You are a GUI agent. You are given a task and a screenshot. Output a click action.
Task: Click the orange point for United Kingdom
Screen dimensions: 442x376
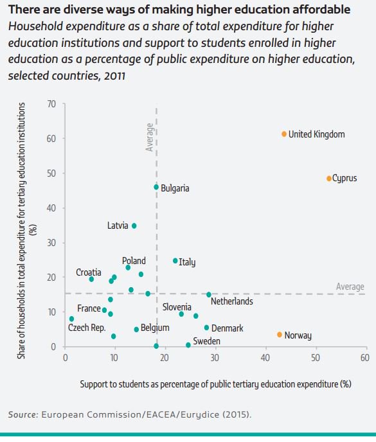[x=283, y=134]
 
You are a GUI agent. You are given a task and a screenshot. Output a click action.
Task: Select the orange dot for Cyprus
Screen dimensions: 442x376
[x=328, y=179]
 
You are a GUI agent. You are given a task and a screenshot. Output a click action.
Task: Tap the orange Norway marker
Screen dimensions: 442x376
[x=279, y=335]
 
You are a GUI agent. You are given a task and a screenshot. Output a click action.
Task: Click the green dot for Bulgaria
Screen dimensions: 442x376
[x=156, y=187]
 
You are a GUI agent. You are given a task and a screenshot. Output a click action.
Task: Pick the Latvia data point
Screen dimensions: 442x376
[x=134, y=225]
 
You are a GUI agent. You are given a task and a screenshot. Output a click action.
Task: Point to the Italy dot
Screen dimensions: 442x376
[x=175, y=261]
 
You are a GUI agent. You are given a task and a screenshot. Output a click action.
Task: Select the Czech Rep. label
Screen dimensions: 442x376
[x=87, y=328]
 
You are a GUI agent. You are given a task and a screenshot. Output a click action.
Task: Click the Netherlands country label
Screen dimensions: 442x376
[x=231, y=301]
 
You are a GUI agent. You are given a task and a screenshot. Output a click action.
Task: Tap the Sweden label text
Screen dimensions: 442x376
[x=208, y=341]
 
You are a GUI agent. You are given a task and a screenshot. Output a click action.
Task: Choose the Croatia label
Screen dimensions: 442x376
[x=88, y=272]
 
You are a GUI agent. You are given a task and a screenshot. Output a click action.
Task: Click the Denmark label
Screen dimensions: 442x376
[x=228, y=328]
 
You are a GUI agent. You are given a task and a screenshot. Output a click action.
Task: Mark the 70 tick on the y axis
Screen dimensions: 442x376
[x=52, y=104]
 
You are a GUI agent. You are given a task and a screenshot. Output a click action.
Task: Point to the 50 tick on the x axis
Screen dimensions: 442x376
[x=315, y=357]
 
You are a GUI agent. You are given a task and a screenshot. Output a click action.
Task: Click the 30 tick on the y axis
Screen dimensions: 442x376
[x=52, y=243]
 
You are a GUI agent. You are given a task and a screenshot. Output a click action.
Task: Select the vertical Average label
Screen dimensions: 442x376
[x=150, y=137]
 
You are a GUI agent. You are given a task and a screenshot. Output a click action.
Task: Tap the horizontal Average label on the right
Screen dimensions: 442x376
[x=350, y=287]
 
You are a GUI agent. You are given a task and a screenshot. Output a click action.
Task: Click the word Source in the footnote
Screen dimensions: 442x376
[x=22, y=414]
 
